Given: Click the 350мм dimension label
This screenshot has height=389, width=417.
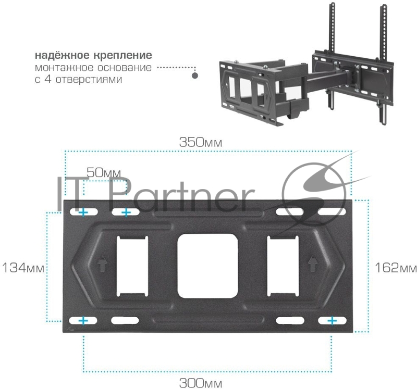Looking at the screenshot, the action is tap(201, 142).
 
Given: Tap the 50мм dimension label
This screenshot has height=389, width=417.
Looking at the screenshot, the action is tap(104, 173).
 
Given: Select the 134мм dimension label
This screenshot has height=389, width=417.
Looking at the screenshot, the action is tap(23, 268).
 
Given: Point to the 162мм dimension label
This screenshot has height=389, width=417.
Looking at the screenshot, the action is tap(396, 268).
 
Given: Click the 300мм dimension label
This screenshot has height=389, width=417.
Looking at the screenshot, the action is tap(201, 383).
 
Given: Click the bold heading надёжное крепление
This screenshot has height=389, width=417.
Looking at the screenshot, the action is tap(94, 55).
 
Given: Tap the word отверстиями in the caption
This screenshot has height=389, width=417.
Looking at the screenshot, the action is tap(89, 79).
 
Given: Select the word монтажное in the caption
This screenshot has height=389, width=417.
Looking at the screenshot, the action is tap(64, 68).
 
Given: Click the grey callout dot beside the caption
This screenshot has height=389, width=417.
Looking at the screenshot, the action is tap(195, 76).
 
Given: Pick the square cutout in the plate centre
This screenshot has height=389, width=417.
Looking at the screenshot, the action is tap(207, 266).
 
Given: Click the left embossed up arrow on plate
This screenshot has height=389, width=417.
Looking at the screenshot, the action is tap(102, 264).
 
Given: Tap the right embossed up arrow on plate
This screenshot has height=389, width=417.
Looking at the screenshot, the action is tap(313, 264).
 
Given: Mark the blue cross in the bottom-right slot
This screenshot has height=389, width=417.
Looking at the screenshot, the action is tap(332, 321).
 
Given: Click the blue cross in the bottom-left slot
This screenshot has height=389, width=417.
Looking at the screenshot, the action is tap(83, 321).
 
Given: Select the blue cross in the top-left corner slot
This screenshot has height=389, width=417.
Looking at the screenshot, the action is tap(83, 212).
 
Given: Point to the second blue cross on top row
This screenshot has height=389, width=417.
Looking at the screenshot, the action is tap(126, 212).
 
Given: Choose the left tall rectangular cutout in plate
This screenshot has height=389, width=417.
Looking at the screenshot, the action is tap(132, 266).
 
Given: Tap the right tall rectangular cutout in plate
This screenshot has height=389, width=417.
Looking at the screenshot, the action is tap(283, 266).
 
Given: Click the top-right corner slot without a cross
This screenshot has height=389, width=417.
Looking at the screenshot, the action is tap(332, 212).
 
